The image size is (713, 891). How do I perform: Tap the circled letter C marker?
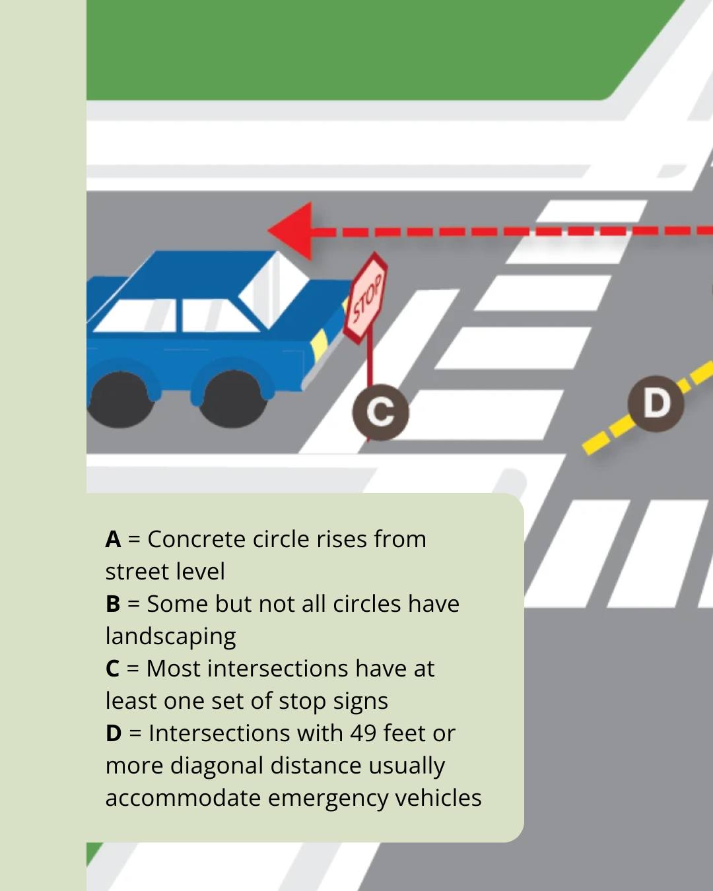pos(380,412)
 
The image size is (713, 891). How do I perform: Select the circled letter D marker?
pos(656,403)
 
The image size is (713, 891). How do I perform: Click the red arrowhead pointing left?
pos(292,231)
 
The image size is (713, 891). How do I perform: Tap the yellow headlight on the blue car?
pos(319,344)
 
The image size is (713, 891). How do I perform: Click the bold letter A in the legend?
pos(113,539)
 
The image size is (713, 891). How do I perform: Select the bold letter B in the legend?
pos(113,604)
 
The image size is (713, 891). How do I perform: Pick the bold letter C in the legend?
pos(113,669)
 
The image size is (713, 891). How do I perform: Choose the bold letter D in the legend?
pos(114,733)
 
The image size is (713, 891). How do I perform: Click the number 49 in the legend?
pos(363,733)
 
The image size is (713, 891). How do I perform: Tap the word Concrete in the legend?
pos(196,539)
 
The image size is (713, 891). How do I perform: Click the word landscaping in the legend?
pos(170,637)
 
